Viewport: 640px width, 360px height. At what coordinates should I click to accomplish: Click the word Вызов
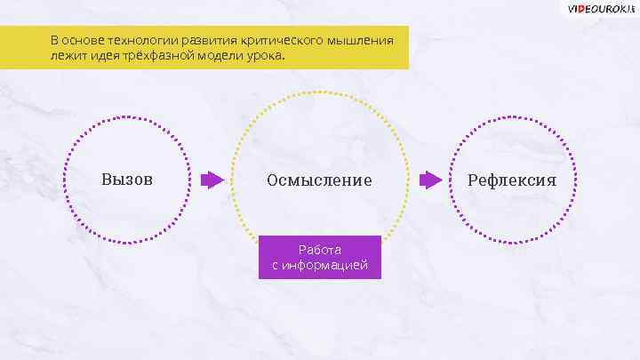click(x=127, y=180)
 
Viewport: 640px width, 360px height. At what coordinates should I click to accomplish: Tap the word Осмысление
click(x=319, y=180)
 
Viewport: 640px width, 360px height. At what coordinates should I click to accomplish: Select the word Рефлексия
click(x=513, y=180)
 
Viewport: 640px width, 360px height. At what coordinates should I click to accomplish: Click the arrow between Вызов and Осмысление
click(x=212, y=180)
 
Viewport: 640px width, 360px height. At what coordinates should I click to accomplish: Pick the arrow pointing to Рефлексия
click(x=430, y=180)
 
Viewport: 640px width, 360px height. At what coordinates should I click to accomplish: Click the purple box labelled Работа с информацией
click(x=320, y=257)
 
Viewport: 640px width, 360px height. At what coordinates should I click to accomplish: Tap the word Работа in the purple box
click(x=320, y=250)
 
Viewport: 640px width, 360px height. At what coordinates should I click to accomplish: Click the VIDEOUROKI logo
click(x=600, y=8)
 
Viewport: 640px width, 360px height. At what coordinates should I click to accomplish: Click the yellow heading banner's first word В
click(x=54, y=41)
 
